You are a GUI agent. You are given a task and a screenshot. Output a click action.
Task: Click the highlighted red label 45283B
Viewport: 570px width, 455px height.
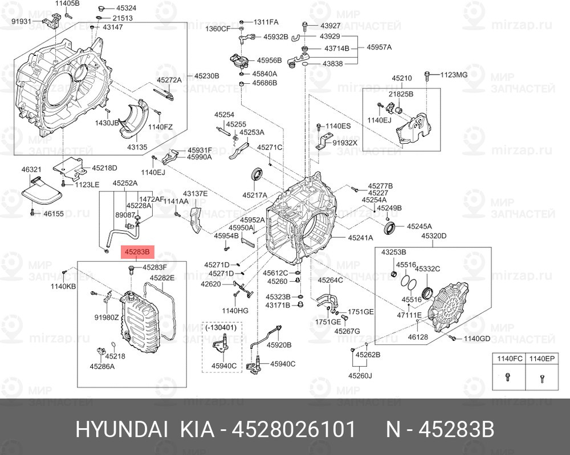137,251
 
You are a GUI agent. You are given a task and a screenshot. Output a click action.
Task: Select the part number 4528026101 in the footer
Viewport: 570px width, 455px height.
293,429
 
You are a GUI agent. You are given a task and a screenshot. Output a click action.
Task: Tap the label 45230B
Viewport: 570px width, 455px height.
206,76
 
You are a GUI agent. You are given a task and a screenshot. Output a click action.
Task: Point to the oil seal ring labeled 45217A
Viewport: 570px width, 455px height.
258,174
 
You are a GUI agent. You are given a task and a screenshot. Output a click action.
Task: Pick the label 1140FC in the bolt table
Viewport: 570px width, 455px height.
510,359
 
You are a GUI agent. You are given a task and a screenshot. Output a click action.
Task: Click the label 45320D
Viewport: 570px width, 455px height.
434,236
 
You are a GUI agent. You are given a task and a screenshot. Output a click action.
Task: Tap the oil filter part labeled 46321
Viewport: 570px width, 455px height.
40,194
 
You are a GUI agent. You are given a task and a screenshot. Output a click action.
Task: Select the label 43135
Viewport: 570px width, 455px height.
137,147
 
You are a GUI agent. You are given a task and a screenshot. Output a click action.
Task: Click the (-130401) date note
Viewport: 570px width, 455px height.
221,327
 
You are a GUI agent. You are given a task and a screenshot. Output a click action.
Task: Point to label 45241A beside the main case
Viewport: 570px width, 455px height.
360,238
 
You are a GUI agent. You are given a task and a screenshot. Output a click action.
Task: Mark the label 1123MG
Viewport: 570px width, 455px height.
454,75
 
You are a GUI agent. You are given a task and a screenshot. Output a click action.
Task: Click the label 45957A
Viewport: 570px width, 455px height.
379,47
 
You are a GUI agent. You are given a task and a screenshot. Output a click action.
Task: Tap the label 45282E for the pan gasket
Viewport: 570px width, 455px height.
162,278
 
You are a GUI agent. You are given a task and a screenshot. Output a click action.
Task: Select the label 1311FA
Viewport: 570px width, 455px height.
266,22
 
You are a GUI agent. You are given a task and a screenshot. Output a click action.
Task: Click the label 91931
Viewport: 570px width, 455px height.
22,22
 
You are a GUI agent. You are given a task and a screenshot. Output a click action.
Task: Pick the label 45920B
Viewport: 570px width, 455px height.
279,345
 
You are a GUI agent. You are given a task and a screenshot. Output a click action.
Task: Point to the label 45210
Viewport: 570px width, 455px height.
402,78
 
